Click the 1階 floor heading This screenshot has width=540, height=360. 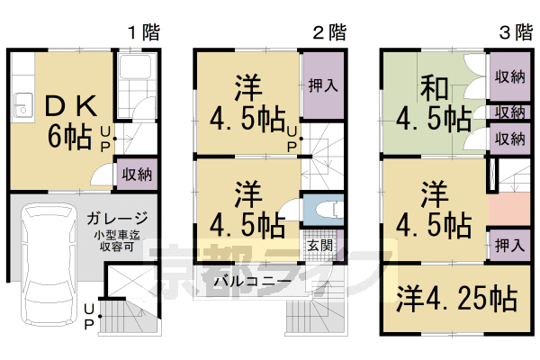(142, 33)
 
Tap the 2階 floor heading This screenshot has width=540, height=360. (328, 33)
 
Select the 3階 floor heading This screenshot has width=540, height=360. (515, 33)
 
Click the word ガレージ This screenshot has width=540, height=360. (117, 220)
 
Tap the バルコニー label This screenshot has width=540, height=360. (252, 281)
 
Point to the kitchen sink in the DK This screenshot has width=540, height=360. (20, 105)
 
